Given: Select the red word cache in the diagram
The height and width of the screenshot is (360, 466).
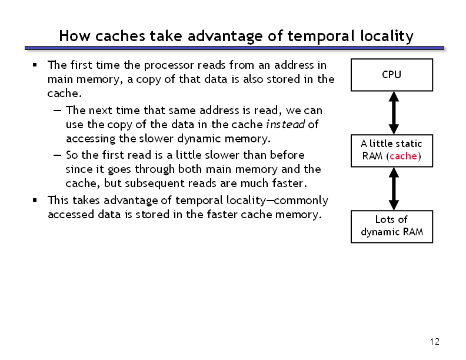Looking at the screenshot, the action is pyautogui.click(x=403, y=156).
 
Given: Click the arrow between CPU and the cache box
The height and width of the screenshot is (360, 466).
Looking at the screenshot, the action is pyautogui.click(x=394, y=113).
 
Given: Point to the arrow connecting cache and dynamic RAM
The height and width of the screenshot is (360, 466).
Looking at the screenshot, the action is pyautogui.click(x=394, y=189).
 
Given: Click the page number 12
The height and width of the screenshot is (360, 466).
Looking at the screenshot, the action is pyautogui.click(x=434, y=342).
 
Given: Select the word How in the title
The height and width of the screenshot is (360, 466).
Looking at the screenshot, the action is pyautogui.click(x=74, y=36).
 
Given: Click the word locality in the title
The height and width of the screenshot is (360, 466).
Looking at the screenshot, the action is pyautogui.click(x=387, y=36).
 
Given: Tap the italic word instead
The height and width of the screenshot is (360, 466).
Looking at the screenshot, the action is pyautogui.click(x=285, y=125).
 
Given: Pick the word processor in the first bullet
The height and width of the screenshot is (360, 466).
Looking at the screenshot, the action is pyautogui.click(x=169, y=65).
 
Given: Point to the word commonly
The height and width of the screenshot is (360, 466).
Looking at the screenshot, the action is pyautogui.click(x=301, y=201).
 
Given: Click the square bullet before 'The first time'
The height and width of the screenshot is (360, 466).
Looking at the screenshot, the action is pyautogui.click(x=35, y=65).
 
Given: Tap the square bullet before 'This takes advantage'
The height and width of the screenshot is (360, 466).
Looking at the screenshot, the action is pyautogui.click(x=35, y=200).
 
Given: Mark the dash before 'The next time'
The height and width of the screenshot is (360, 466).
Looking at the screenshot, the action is pyautogui.click(x=57, y=111).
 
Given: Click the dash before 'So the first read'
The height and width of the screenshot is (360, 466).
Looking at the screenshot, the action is pyautogui.click(x=57, y=155).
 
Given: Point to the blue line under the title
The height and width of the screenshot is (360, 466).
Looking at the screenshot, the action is pyautogui.click(x=234, y=48).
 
